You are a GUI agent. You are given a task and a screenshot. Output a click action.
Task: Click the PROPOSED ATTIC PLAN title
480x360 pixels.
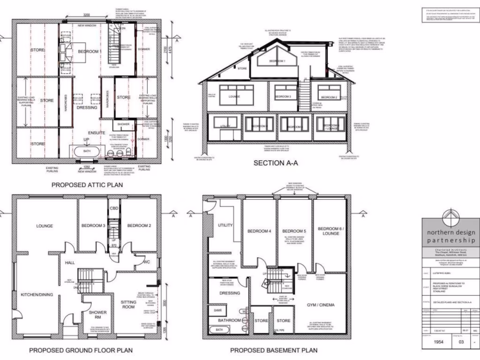pos(87,185)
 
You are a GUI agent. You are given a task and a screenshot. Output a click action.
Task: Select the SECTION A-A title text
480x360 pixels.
pos(276,163)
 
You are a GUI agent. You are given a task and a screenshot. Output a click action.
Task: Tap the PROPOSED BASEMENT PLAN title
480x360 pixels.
pos(274,350)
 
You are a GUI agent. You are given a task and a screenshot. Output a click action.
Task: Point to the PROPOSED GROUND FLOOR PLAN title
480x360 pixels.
pos(81,350)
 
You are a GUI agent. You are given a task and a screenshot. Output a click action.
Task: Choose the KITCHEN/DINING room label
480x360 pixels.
pos(37,294)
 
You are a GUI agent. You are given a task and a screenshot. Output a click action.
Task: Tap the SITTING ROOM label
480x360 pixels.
pos(128,305)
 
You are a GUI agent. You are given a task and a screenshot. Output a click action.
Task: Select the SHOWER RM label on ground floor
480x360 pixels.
pos(97,315)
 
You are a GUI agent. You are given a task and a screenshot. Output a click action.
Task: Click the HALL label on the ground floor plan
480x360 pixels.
pos(70,263)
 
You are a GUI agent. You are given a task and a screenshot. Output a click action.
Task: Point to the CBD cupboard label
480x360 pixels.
pos(113,208)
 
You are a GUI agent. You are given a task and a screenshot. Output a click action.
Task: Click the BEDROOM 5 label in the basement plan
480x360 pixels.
pos(294,231)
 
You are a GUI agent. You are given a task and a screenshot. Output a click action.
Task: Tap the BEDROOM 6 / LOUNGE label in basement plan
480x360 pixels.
pos(330,231)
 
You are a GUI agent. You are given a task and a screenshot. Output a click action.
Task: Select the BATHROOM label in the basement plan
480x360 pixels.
pos(229,320)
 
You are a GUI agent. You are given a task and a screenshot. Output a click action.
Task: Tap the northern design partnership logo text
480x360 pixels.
pos(450,237)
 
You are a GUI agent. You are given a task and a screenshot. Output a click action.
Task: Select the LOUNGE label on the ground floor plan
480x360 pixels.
pos(45,226)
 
